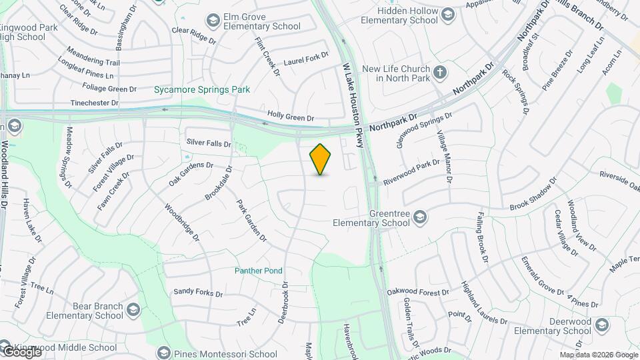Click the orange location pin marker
coord(321,159)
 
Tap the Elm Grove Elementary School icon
coord(213,21)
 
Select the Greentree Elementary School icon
coord(420,217)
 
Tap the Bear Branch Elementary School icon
coord(133,310)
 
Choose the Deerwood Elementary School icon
coord(602,325)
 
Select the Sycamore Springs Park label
coord(192,89)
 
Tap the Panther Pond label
coord(258,271)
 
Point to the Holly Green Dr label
coord(291,117)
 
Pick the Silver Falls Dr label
coord(209,142)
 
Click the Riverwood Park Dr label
coord(411,171)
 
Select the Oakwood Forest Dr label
coord(418,292)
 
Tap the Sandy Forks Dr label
coord(198,292)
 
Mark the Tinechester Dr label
coord(95,103)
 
